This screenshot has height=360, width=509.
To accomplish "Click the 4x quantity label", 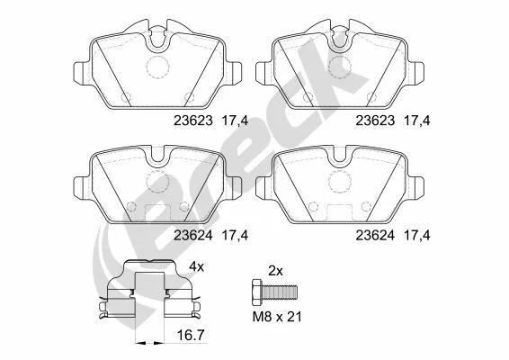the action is click(197, 266).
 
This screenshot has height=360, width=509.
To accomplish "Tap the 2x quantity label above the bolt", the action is click(275, 270).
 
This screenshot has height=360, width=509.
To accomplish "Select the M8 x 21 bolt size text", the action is click(277, 317).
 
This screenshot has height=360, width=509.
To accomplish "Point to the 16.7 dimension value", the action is click(192, 335).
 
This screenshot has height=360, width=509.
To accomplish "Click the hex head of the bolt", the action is click(257, 292).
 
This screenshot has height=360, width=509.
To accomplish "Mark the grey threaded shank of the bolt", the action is click(280, 292).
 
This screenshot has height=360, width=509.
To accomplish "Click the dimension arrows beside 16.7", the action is click(149, 343).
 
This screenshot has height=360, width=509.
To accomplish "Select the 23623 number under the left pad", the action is click(193, 121).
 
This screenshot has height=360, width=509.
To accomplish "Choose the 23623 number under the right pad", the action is click(375, 121).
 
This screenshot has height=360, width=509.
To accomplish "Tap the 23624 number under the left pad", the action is click(193, 236).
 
